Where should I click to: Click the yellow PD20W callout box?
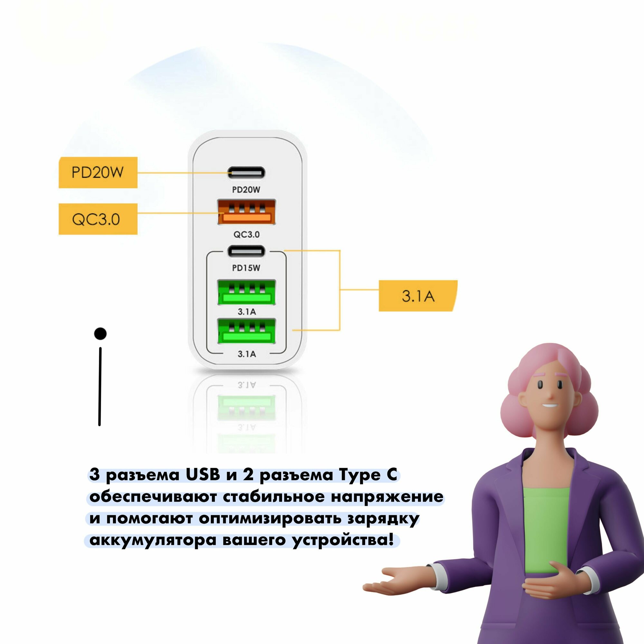point(98,172)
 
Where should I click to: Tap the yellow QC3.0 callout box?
point(98,219)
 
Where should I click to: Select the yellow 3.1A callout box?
point(418,296)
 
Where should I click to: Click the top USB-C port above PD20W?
point(246,173)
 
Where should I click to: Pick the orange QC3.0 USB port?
point(246,212)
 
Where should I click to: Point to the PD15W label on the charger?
point(246,268)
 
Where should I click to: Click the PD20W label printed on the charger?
point(246,190)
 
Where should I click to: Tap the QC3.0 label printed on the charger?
point(246,234)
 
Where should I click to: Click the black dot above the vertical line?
point(100,333)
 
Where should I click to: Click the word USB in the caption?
point(203,475)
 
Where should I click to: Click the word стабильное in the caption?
point(274,497)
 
